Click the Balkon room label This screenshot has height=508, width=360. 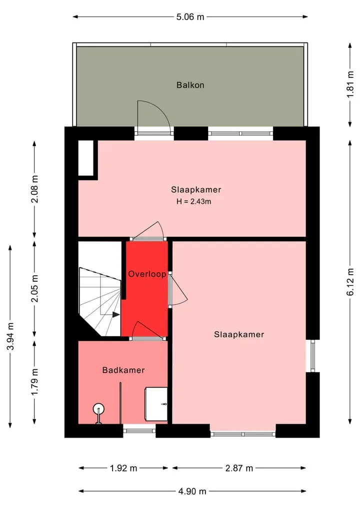[x=190, y=85]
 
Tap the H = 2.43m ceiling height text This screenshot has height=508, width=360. [x=193, y=201]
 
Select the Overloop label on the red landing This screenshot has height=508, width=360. [x=147, y=274]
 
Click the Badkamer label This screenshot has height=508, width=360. [x=123, y=370]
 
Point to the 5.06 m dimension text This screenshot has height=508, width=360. [x=190, y=17]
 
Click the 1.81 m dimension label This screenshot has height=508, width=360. [x=350, y=84]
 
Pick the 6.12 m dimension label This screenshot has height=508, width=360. [x=350, y=282]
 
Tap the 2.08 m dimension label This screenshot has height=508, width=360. [x=34, y=189]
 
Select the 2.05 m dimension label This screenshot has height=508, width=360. [x=34, y=288]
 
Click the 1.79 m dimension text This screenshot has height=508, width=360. [x=34, y=382]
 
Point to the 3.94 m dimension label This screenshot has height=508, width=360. [x=10, y=336]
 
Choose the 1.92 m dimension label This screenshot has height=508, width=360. [x=123, y=468]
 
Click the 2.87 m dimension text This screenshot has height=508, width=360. [x=239, y=468]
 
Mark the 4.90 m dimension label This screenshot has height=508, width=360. [x=192, y=492]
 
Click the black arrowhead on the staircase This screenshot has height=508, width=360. [x=116, y=314]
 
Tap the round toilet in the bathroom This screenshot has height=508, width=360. [x=98, y=409]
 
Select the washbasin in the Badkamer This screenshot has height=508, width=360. [x=156, y=404]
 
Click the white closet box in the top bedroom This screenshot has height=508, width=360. [x=86, y=158]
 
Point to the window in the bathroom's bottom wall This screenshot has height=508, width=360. [x=139, y=431]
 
